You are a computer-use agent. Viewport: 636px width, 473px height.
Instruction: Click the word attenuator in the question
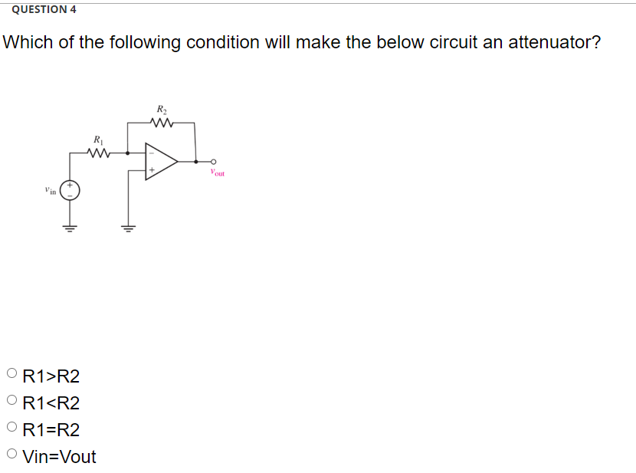pos(543,42)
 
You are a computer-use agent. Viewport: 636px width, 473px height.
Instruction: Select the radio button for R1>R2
pos(11,375)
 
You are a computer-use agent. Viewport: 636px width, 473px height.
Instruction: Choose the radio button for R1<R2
pos(11,401)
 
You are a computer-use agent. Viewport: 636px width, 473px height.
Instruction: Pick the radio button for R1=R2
pos(11,428)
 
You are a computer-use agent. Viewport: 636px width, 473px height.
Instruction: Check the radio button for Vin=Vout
pos(11,455)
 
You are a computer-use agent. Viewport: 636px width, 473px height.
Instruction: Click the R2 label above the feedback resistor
pos(162,110)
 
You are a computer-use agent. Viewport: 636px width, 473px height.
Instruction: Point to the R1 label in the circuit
pos(98,140)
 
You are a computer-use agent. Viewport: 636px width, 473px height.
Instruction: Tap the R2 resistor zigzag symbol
pos(162,123)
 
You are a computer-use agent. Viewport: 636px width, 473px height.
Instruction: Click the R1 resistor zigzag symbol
pos(99,153)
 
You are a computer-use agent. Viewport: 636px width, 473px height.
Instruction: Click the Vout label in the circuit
pos(216,173)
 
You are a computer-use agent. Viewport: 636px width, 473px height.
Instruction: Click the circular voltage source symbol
pos(69,190)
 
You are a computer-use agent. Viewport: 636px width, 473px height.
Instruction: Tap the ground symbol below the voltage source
pos(69,228)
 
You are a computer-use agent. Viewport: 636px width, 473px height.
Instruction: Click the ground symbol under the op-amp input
pos(128,228)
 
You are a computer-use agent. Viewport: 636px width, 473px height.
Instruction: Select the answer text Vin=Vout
pos(60,456)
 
